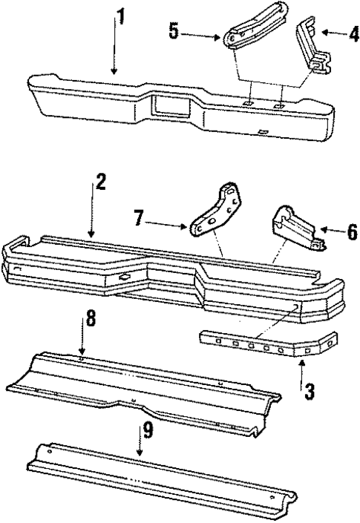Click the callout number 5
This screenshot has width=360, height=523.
pyautogui.click(x=174, y=33)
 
